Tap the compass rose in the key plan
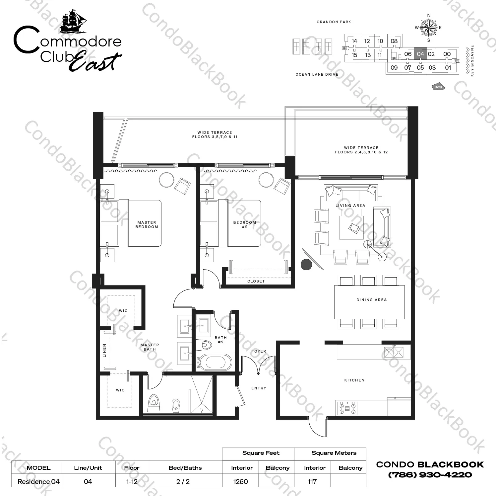[428, 28]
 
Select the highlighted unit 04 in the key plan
[420, 54]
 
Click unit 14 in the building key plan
[354, 41]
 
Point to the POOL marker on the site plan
[439, 87]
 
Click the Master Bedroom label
[147, 225]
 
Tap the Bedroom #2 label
[245, 225]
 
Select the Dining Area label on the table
[371, 300]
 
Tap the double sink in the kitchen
[394, 352]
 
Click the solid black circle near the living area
[306, 265]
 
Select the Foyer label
[259, 351]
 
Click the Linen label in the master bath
[104, 350]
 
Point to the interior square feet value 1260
[240, 481]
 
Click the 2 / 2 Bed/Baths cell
[183, 481]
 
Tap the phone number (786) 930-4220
[430, 475]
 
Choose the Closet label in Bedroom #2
[256, 281]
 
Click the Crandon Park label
[334, 22]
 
